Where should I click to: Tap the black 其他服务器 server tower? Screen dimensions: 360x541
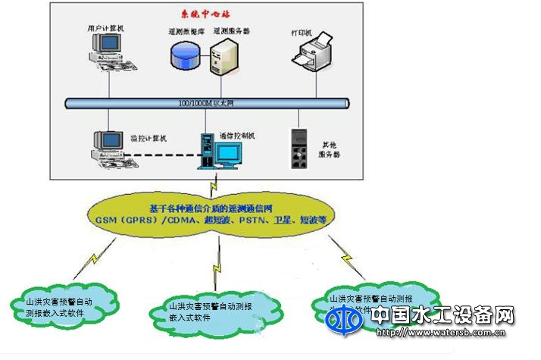301,149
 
